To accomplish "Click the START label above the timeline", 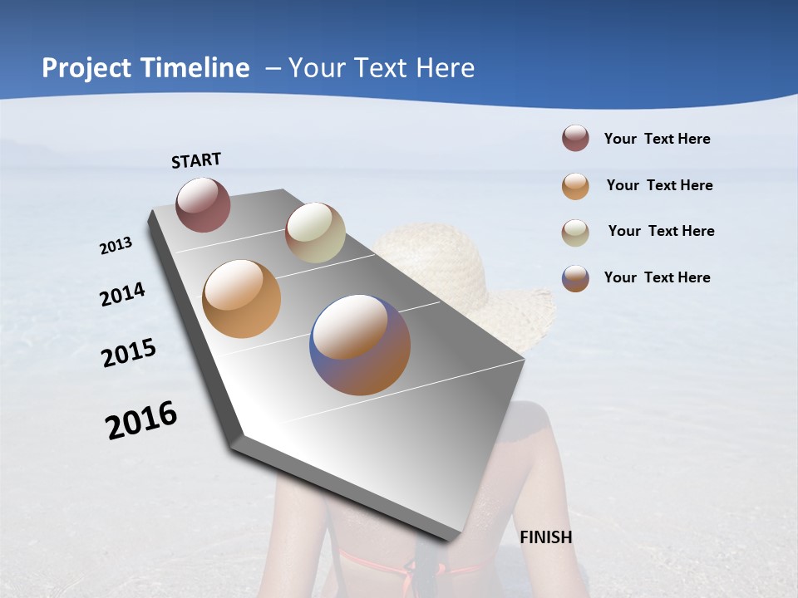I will pos(196,160).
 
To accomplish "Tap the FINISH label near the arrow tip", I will pos(546,537).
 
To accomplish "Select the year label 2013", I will pos(116,246).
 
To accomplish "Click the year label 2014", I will pos(122,295).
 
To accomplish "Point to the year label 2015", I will pos(129,353).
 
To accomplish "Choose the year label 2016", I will pos(141,420).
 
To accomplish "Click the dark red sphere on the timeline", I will pos(204,204).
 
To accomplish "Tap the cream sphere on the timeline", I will pos(315,233).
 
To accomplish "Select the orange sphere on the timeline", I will pos(242,299).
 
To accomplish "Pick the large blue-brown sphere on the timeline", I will pos(360,345).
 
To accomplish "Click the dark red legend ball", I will pos(575,139).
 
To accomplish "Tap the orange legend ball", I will pos(575,186).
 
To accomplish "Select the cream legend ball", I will pos(575,233).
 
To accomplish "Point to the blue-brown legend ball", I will pos(575,278).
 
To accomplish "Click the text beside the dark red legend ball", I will pos(658,140).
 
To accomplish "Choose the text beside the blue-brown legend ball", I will pos(658,277).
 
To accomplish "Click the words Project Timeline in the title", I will pos(145,68).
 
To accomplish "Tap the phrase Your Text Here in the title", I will pos(382,68).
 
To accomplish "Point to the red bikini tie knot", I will pos(409,571).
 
